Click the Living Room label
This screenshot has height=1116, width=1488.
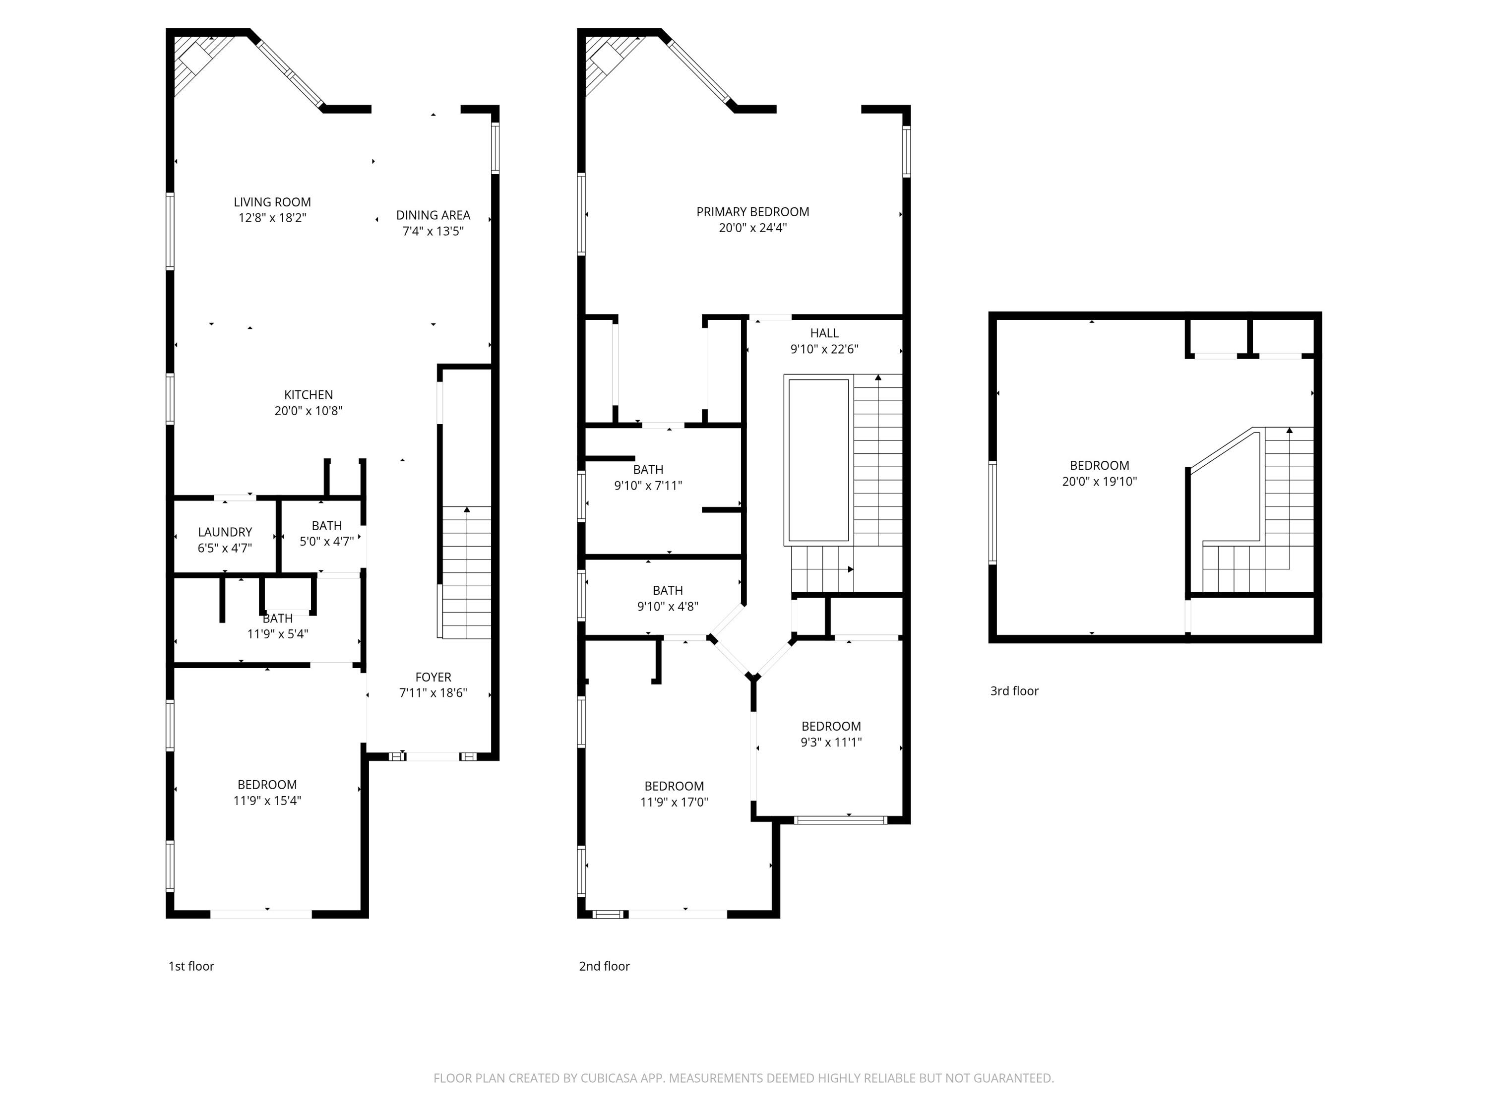[272, 202]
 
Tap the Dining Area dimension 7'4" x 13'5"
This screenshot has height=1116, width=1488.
[433, 231]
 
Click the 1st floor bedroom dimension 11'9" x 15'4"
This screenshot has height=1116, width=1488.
[267, 801]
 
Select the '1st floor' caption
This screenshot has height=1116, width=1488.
[191, 966]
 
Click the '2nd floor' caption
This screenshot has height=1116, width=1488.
[604, 966]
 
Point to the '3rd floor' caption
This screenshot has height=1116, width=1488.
[1014, 691]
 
